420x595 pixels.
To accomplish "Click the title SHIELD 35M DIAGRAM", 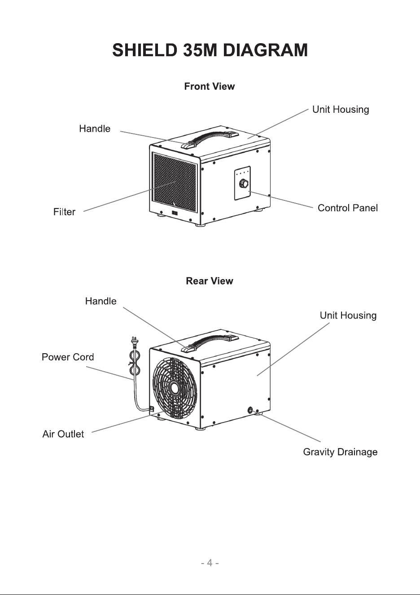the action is point(210,50).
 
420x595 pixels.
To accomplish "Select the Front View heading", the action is point(210,86).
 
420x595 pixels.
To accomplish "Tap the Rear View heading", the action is point(210,281).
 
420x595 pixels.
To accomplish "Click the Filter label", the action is point(64,212).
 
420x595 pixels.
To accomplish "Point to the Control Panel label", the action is point(348,208).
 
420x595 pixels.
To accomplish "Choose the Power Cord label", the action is point(68,357).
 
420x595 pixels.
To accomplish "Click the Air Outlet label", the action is point(63,434).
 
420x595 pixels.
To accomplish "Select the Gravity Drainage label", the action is point(340,452).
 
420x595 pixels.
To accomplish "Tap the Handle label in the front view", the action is point(95,129).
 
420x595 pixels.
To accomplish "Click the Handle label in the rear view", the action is point(101,301).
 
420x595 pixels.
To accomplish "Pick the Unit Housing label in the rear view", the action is point(348,315).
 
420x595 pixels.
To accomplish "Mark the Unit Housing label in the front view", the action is point(341,109).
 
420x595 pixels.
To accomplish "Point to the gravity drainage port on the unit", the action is point(250,410).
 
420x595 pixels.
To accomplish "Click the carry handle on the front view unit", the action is point(210,137).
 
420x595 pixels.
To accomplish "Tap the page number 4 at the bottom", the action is point(210,563).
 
